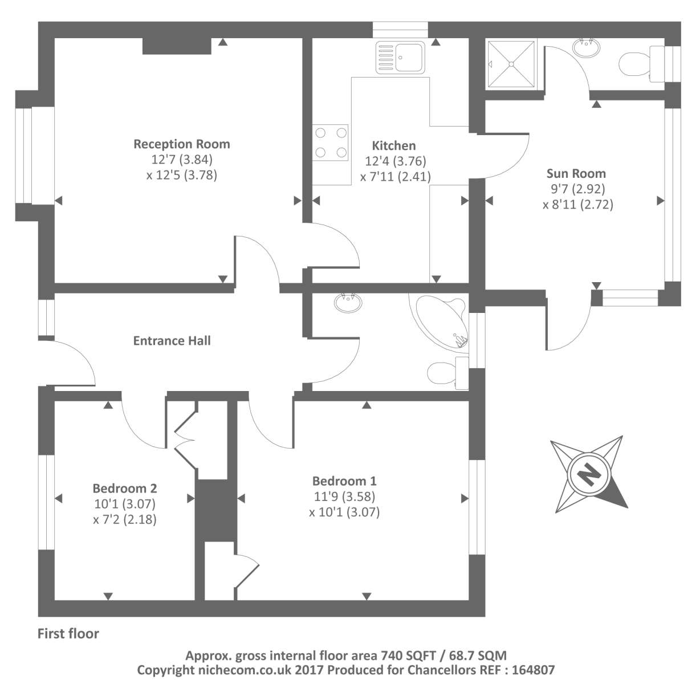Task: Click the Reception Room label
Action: [182, 144]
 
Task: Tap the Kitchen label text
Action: [394, 146]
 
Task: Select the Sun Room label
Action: [576, 174]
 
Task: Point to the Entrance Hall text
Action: [172, 340]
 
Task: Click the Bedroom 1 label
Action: [344, 481]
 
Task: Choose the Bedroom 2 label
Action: [125, 488]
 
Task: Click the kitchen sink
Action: [400, 58]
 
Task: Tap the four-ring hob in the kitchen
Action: [330, 142]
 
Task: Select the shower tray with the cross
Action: [511, 64]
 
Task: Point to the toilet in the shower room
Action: [642, 64]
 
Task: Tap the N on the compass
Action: [588, 474]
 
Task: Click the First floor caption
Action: [68, 634]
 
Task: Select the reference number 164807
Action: [533, 670]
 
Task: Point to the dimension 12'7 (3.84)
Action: [182, 159]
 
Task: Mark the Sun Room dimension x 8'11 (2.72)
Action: [578, 205]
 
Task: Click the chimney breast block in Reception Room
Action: [177, 46]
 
